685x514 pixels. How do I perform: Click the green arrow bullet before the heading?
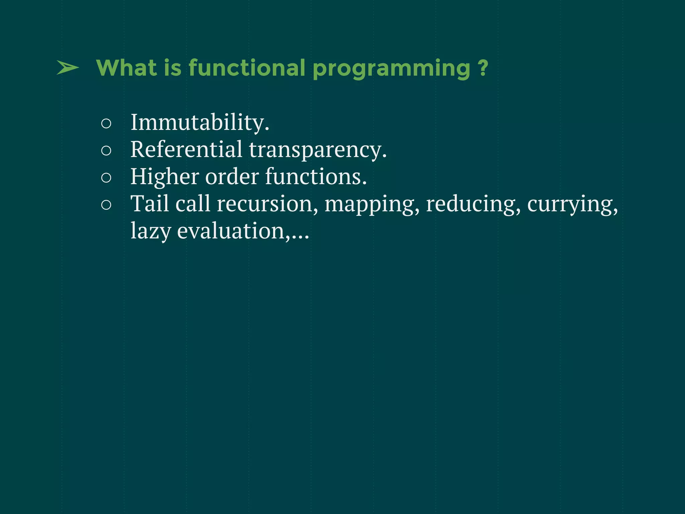68,68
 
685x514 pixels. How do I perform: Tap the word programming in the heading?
392,69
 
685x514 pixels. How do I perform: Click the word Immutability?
200,122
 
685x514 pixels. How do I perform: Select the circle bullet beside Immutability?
106,123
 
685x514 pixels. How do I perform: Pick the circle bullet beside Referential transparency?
106,151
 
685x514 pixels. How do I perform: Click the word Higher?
164,177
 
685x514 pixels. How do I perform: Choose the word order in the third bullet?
232,177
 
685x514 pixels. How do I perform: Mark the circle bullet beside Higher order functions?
106,178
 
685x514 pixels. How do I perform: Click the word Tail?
150,203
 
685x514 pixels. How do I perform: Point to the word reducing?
473,204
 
